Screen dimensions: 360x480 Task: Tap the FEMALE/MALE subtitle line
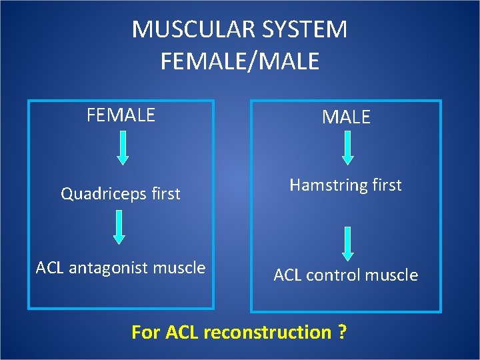click(x=240, y=61)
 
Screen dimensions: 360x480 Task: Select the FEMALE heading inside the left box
click(x=121, y=115)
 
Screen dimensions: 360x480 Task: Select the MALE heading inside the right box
click(x=346, y=117)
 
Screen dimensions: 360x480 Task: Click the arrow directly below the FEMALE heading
click(x=123, y=147)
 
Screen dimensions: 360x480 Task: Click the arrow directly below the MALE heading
click(x=347, y=147)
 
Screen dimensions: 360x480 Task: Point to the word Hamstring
click(x=328, y=185)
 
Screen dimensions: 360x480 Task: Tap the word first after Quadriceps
click(x=165, y=193)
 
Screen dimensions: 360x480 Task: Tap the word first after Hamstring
click(x=387, y=185)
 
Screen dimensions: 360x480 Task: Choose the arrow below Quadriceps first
click(x=119, y=227)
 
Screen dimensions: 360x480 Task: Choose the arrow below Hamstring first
click(x=347, y=243)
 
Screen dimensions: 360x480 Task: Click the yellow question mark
click(x=341, y=332)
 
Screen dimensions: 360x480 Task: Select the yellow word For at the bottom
click(x=145, y=332)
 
